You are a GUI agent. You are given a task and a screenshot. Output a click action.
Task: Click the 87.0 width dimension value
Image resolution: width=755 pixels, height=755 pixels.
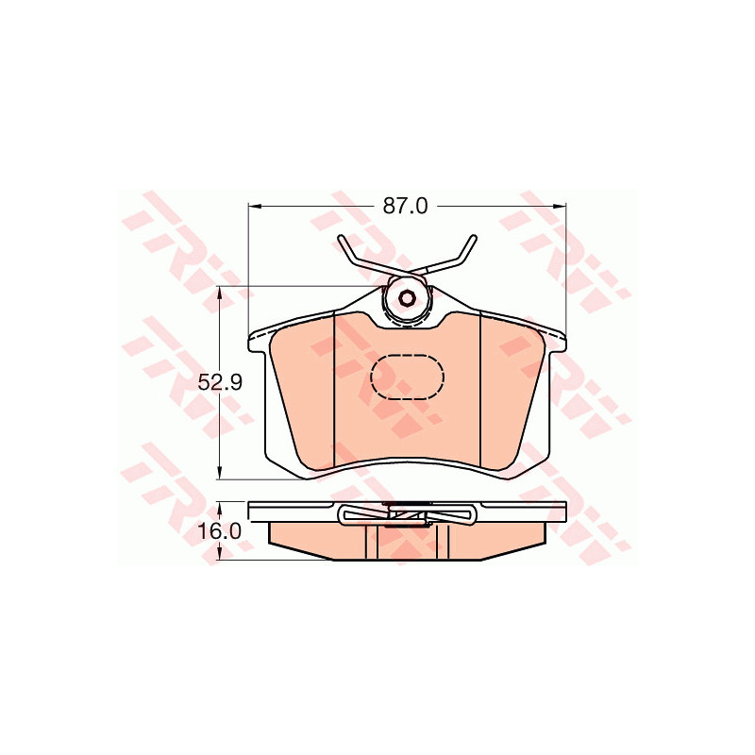[x=405, y=206]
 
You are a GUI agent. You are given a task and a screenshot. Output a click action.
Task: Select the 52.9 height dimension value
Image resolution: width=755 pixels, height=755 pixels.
[x=221, y=383]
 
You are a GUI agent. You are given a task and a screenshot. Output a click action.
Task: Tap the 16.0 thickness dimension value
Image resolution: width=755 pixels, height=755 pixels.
[x=219, y=531]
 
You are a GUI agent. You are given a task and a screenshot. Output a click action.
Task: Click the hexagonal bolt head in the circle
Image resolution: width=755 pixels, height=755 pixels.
[x=408, y=298]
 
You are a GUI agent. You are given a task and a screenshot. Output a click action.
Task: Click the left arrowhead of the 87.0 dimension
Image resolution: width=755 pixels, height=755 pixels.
[x=254, y=206]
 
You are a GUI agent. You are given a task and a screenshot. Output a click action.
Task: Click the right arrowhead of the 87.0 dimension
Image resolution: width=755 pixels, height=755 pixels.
[x=560, y=206]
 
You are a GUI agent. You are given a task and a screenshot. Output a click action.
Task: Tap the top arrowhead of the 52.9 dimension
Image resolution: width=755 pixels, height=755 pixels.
[x=220, y=293]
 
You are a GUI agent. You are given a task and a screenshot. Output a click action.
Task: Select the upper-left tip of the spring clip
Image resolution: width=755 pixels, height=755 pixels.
[x=341, y=238]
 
